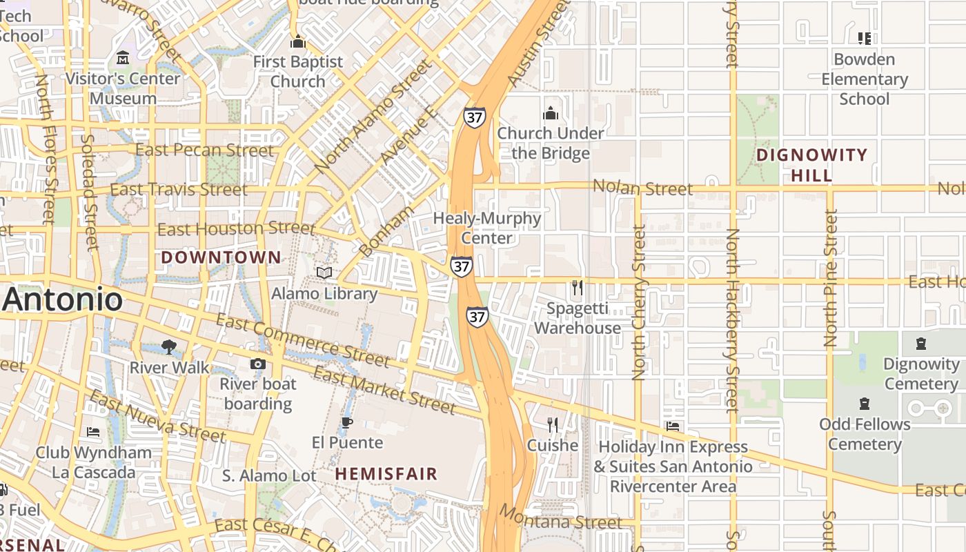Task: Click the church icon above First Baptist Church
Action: pyautogui.click(x=297, y=42)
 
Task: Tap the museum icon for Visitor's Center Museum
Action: pyautogui.click(x=124, y=57)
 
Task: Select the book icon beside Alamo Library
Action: pyautogui.click(x=324, y=273)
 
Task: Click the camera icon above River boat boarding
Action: pyautogui.click(x=258, y=364)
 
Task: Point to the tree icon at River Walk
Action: pyautogui.click(x=169, y=346)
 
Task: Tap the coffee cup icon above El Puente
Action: pyautogui.click(x=347, y=422)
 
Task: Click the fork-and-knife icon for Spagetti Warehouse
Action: pyautogui.click(x=578, y=287)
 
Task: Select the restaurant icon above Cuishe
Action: pyautogui.click(x=552, y=424)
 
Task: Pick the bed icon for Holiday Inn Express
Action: pyautogui.click(x=673, y=426)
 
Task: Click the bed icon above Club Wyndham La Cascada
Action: pyautogui.click(x=93, y=432)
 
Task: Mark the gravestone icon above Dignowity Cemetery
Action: pyautogui.click(x=920, y=343)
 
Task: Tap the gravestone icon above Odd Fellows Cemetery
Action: pyautogui.click(x=864, y=403)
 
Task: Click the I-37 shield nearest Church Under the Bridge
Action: pyautogui.click(x=474, y=117)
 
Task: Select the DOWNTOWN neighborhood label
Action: pyautogui.click(x=221, y=257)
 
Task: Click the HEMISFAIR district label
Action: pyautogui.click(x=386, y=474)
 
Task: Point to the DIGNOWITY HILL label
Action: pyautogui.click(x=811, y=165)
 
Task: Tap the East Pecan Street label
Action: pyautogui.click(x=204, y=150)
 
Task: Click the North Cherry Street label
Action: pyautogui.click(x=639, y=302)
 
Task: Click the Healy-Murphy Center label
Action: pyautogui.click(x=487, y=228)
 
